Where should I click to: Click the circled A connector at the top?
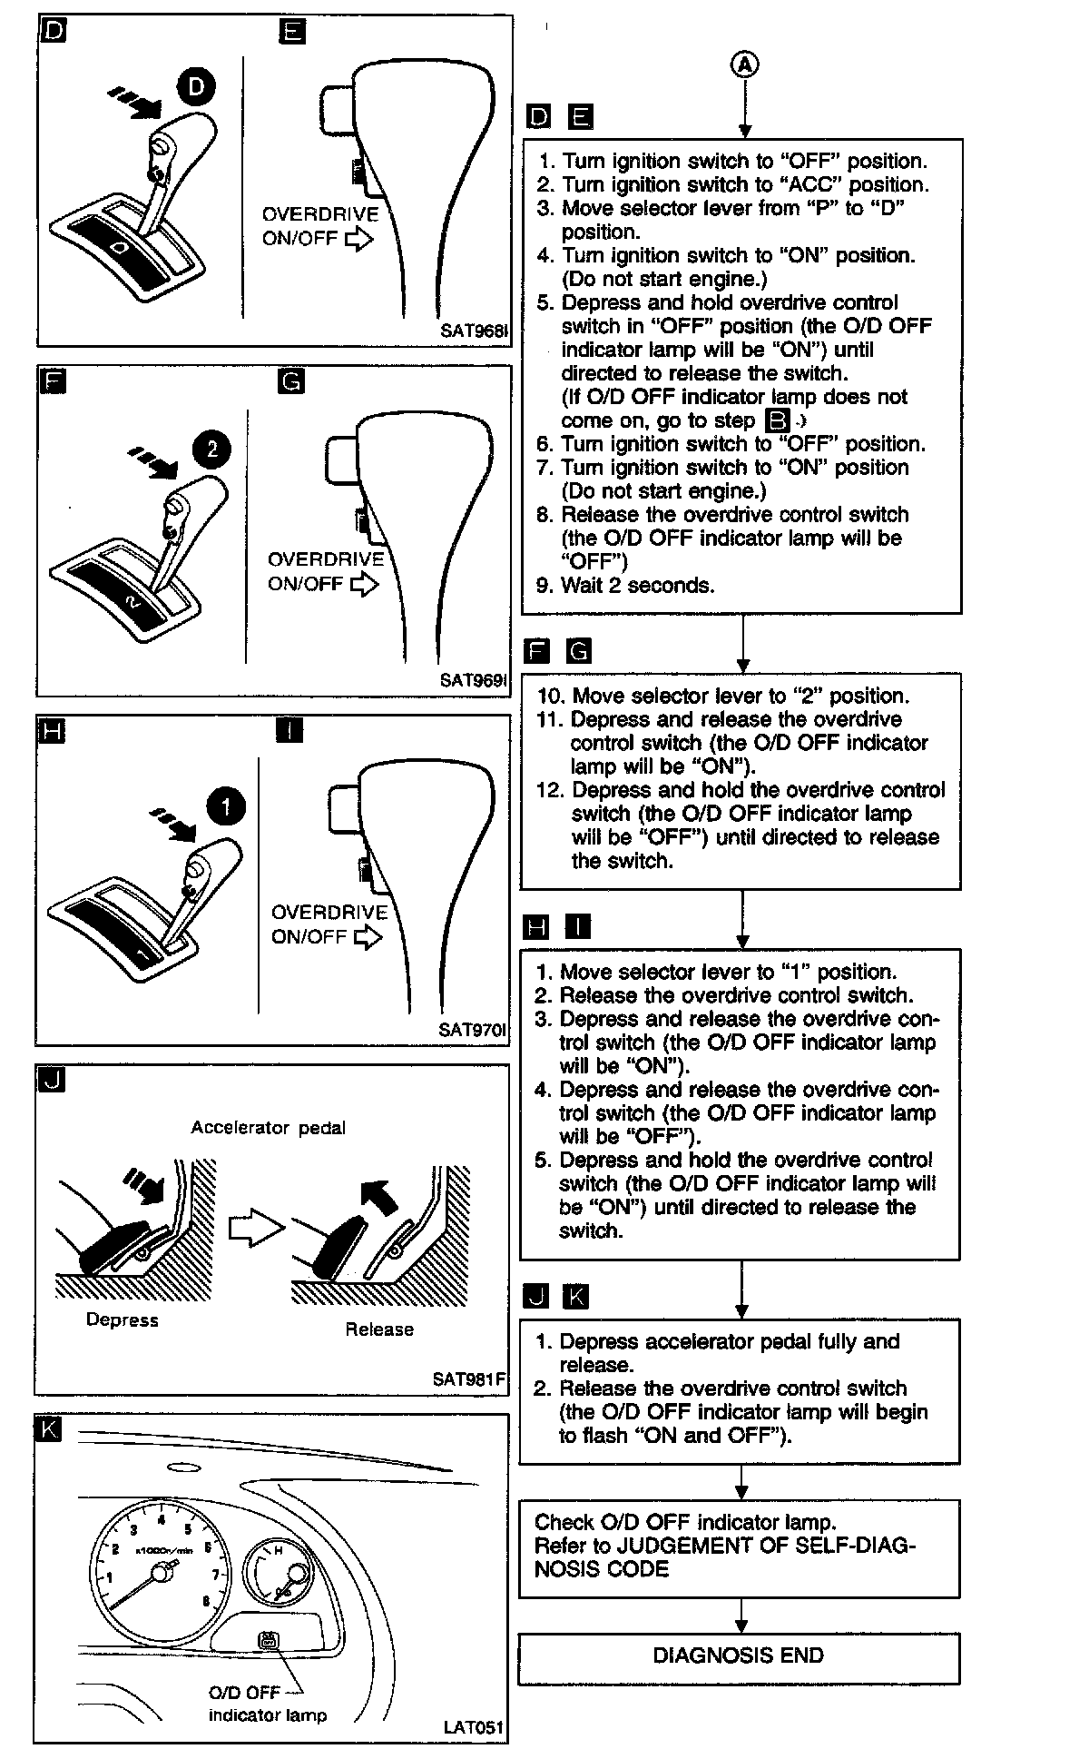click(744, 64)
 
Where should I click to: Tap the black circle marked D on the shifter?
click(196, 87)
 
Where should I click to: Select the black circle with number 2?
click(211, 449)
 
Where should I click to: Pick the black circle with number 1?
click(225, 805)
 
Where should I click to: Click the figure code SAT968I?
click(473, 331)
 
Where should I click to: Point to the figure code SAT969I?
click(473, 679)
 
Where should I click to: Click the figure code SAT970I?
click(472, 1030)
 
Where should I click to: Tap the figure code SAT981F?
click(469, 1379)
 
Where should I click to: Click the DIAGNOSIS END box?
click(738, 1655)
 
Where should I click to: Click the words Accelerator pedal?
click(268, 1128)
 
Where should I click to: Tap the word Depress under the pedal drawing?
click(122, 1319)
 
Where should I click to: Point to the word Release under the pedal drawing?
click(378, 1329)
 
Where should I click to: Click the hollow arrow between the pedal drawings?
click(255, 1231)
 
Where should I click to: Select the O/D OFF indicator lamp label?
click(267, 1704)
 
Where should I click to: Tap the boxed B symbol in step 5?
click(778, 421)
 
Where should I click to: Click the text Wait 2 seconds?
click(637, 586)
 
